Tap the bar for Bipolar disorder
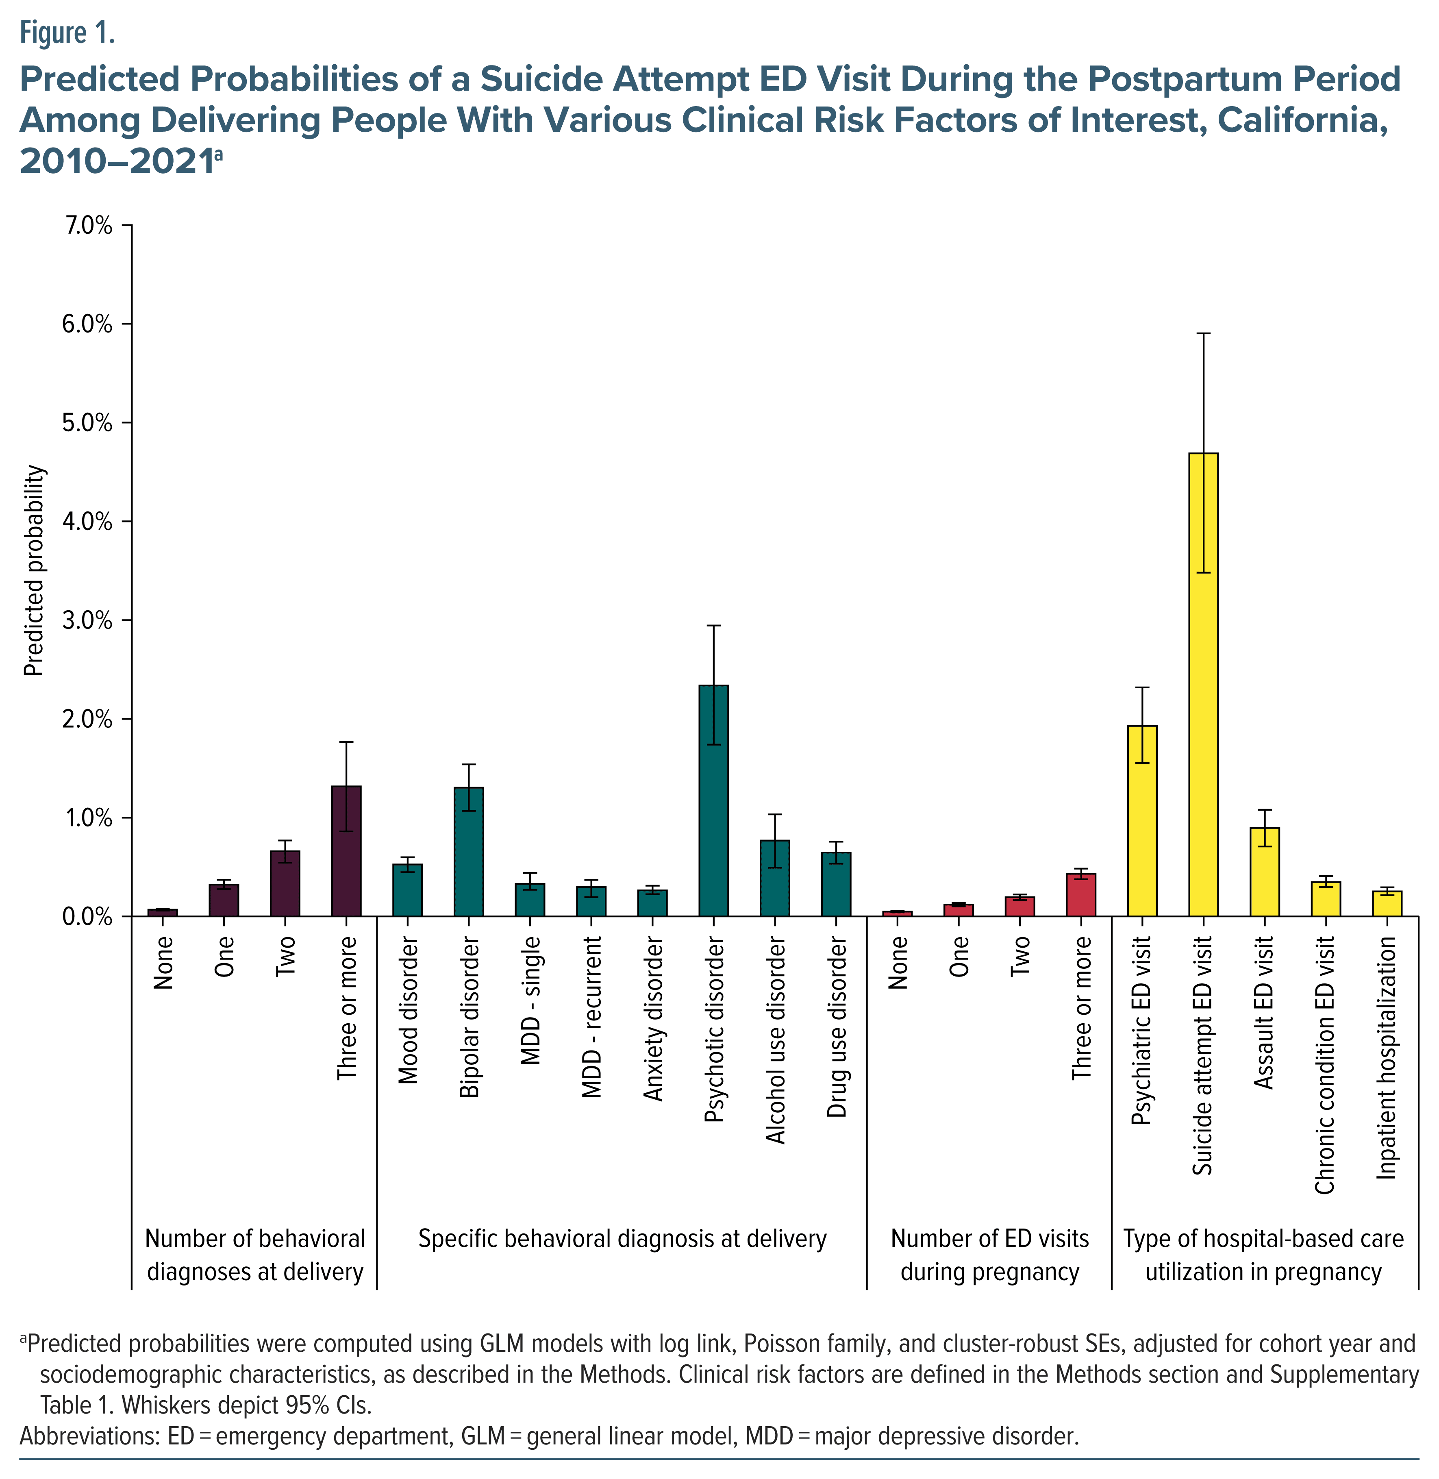pyautogui.click(x=469, y=852)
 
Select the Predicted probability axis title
pyautogui.click(x=35, y=571)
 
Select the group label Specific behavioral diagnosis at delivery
pyautogui.click(x=622, y=1240)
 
